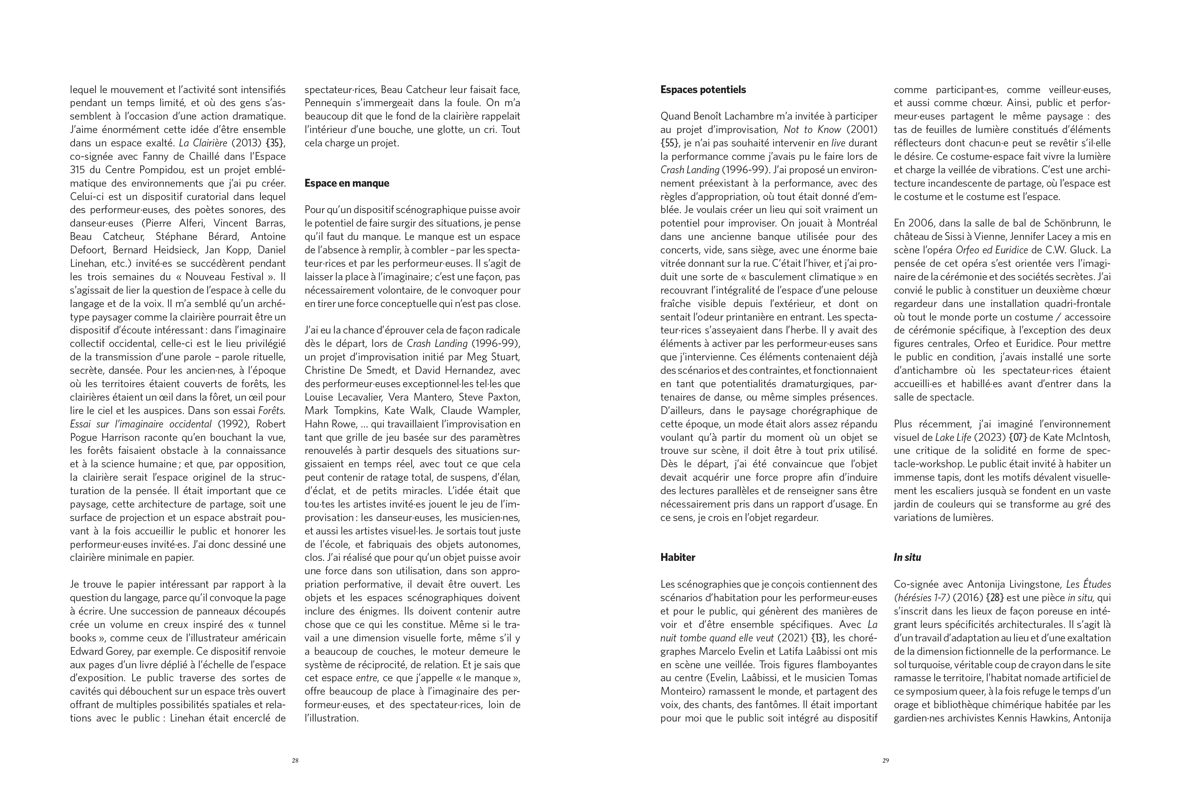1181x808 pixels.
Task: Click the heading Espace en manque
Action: click(347, 184)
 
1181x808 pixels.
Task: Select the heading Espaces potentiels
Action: click(703, 90)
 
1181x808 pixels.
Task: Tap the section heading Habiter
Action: click(677, 557)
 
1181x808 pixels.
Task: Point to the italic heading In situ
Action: click(907, 557)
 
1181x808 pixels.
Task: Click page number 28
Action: click(295, 761)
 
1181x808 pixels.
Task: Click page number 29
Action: click(885, 761)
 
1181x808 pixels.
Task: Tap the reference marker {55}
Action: click(669, 143)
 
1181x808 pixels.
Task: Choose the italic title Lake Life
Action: click(953, 437)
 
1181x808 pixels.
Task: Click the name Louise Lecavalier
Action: click(345, 397)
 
